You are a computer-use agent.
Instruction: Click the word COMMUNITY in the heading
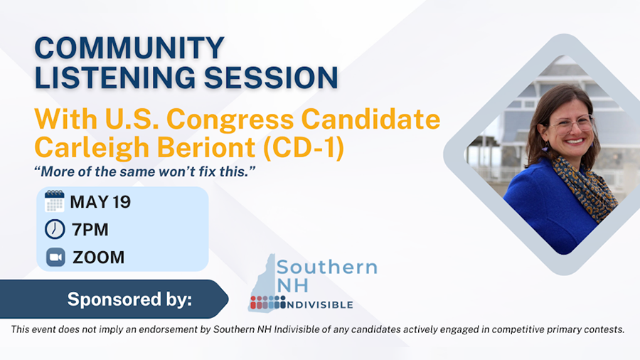(129, 48)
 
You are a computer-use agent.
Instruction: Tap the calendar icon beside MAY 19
(55, 201)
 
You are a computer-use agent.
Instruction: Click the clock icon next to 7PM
(55, 229)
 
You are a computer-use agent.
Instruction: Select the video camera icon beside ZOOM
(55, 257)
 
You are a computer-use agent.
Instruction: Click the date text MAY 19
(100, 202)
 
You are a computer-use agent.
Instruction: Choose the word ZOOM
(98, 258)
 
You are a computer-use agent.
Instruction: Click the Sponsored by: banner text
(129, 300)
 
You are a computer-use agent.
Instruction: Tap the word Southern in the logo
(327, 268)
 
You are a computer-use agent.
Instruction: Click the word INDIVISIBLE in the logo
(319, 305)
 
